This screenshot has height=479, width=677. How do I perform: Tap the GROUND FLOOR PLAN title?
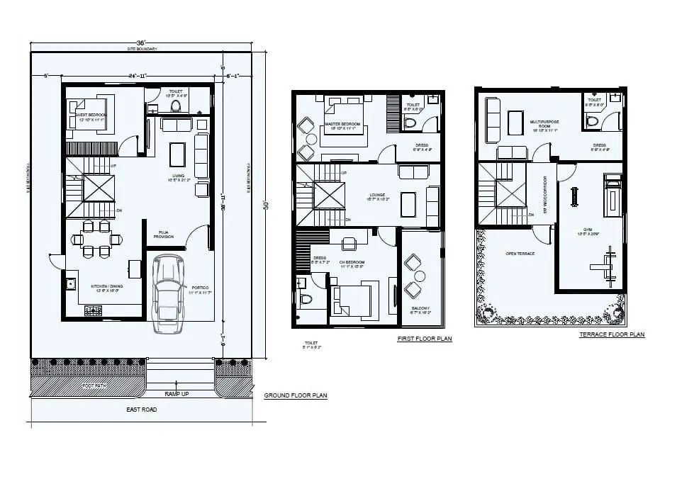pos(295,395)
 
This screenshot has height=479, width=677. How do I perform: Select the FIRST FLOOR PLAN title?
pos(424,339)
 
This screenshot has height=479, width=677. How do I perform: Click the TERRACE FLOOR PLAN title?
pos(612,334)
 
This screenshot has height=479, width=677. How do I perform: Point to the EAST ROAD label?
pos(142,410)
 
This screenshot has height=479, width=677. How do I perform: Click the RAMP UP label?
pos(177,393)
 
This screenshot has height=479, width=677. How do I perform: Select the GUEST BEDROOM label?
pos(91,117)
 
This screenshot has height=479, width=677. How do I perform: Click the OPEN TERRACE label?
pos(520,253)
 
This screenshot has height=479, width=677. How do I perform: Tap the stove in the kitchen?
pos(93,310)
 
